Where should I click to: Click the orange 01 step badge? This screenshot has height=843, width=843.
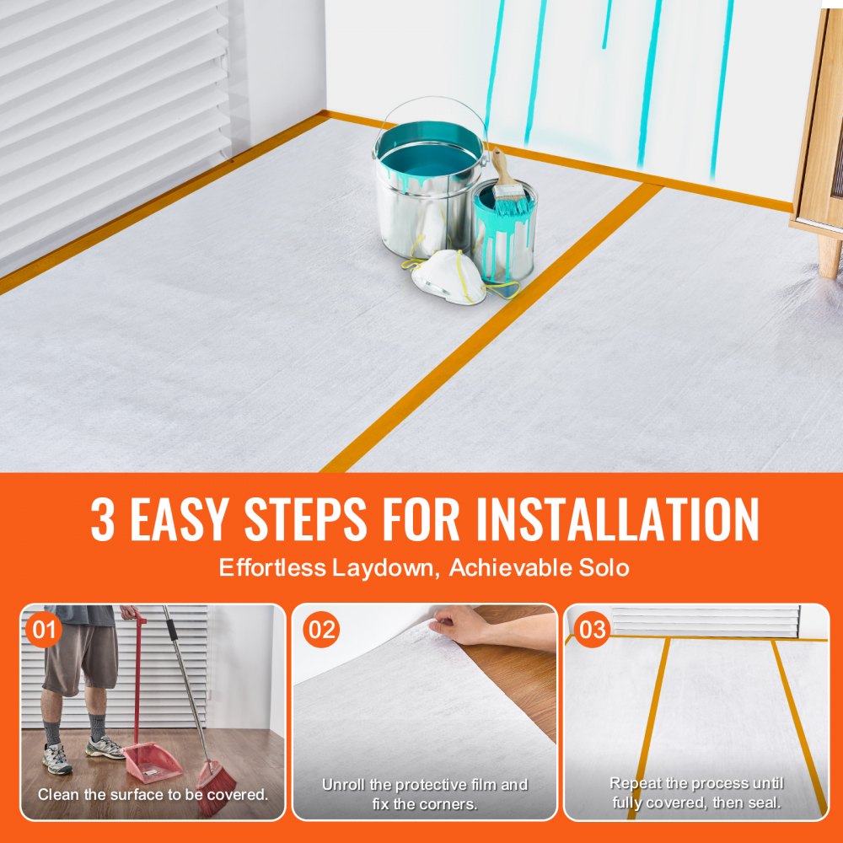44,629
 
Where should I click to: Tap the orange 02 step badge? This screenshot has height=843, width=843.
320,629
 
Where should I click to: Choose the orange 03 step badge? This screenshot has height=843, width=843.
592,629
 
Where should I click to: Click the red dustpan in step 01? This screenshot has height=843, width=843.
152,759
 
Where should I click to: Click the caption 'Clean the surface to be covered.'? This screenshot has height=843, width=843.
153,794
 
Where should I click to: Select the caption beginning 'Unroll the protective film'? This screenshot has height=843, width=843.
425,794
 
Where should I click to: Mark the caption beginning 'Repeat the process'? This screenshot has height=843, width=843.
696,792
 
